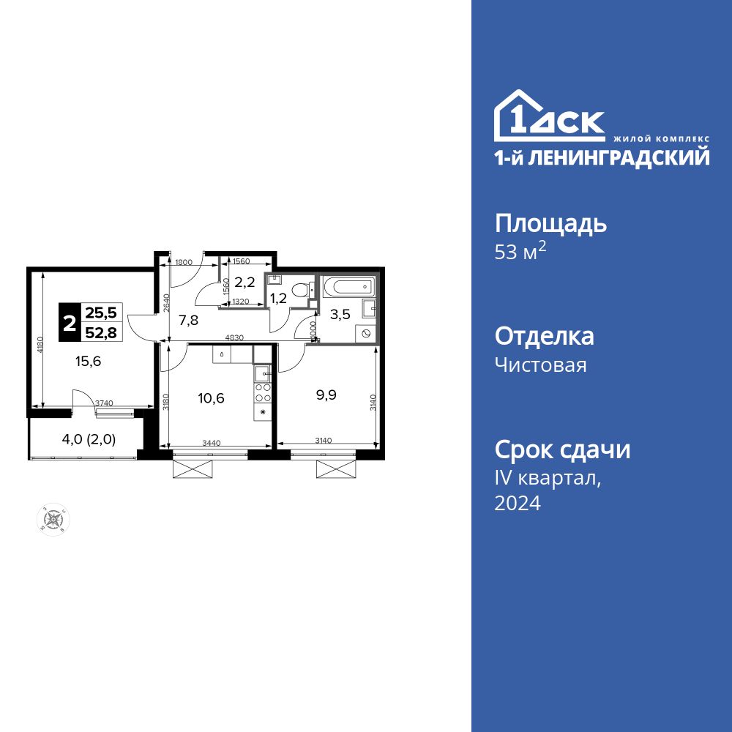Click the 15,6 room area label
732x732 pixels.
point(86,360)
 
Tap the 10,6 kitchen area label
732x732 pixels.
point(211,398)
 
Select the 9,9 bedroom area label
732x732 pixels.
point(327,395)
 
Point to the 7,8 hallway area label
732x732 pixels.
point(188,319)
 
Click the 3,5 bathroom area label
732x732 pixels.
point(340,316)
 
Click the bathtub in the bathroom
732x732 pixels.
point(348,287)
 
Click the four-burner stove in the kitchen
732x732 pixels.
point(263,392)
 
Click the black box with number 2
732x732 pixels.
point(70,324)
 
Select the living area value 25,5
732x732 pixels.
point(102,313)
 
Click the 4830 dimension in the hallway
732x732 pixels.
point(234,338)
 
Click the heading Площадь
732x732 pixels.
point(550,223)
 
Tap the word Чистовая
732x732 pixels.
point(540,365)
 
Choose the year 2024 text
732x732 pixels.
point(518,503)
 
